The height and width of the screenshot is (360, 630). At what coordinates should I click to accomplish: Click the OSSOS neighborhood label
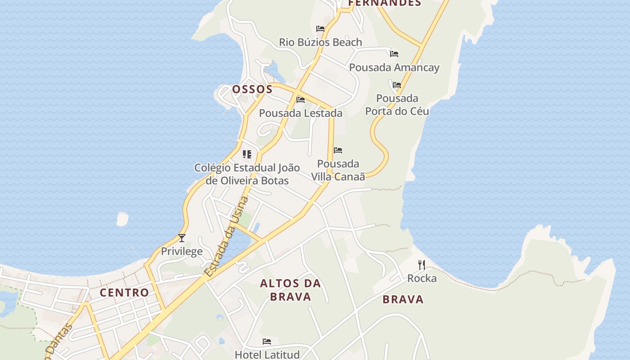pos(252,89)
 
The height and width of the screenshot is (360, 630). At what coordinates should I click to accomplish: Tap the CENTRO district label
pos(124,292)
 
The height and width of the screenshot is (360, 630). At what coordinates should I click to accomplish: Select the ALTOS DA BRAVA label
pos(291,290)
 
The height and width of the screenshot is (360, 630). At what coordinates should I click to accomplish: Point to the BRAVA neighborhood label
pos(403,299)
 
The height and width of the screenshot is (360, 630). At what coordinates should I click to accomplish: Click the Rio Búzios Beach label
pos(320,42)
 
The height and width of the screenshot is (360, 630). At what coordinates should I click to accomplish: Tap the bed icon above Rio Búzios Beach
pos(320,28)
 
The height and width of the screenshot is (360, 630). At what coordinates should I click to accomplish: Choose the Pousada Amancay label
pos(394,67)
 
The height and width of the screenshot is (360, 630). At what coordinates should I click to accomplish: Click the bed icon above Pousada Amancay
pos(394,54)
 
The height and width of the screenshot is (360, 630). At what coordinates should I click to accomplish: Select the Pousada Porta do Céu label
pos(397,104)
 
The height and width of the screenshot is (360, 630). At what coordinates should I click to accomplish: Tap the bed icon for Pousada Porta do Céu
pos(396,85)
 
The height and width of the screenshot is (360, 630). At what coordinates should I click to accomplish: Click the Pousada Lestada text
pos(301,113)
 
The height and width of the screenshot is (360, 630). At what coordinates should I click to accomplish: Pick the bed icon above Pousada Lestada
pos(301,99)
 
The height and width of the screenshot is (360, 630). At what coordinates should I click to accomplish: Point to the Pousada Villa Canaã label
pos(338,170)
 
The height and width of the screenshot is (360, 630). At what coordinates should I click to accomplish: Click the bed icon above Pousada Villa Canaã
pos(338,150)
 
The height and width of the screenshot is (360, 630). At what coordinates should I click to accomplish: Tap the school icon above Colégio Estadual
pos(247,154)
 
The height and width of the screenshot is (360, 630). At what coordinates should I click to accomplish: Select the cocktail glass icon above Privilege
pos(182,238)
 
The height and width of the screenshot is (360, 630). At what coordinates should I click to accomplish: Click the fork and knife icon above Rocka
pos(422,265)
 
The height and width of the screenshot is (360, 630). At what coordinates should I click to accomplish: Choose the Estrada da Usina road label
pos(226,237)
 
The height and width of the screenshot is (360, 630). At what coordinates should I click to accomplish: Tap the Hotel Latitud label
pos(267,355)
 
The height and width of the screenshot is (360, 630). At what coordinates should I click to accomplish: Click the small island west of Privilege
pos(122,219)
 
